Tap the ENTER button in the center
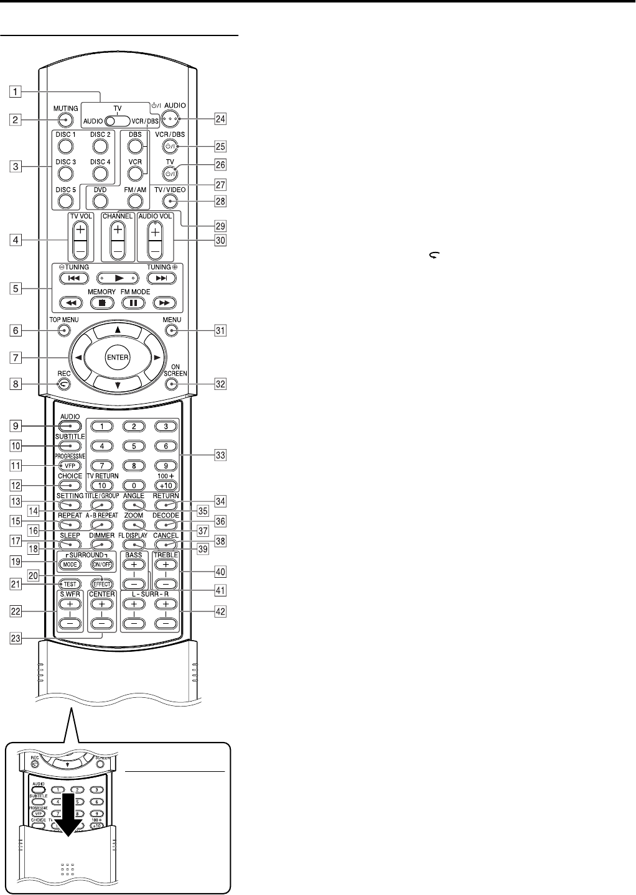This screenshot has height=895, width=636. pos(117,357)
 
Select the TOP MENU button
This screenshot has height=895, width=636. pos(63,331)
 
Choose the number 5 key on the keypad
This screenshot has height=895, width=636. pos(134,445)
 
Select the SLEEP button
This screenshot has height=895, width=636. pos(70,544)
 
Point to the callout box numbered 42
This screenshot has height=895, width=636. pos(220,611)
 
